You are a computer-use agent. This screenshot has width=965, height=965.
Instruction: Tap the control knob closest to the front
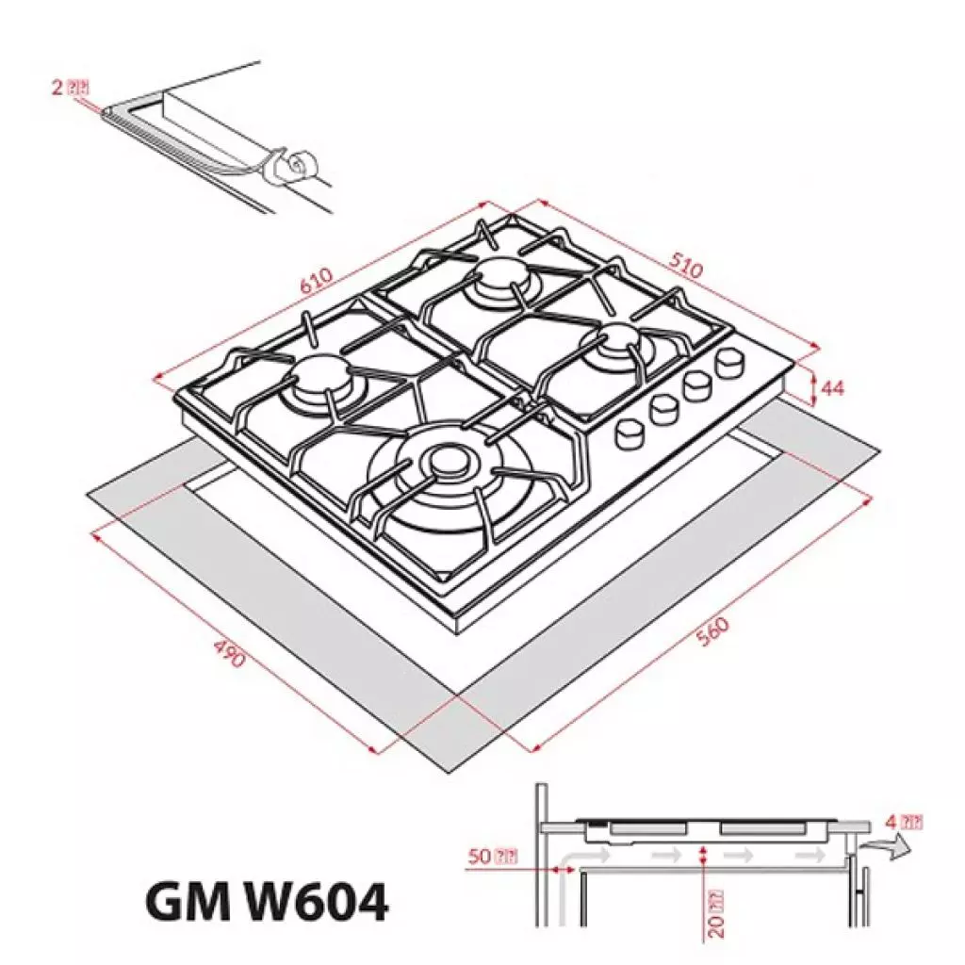[x=629, y=433]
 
